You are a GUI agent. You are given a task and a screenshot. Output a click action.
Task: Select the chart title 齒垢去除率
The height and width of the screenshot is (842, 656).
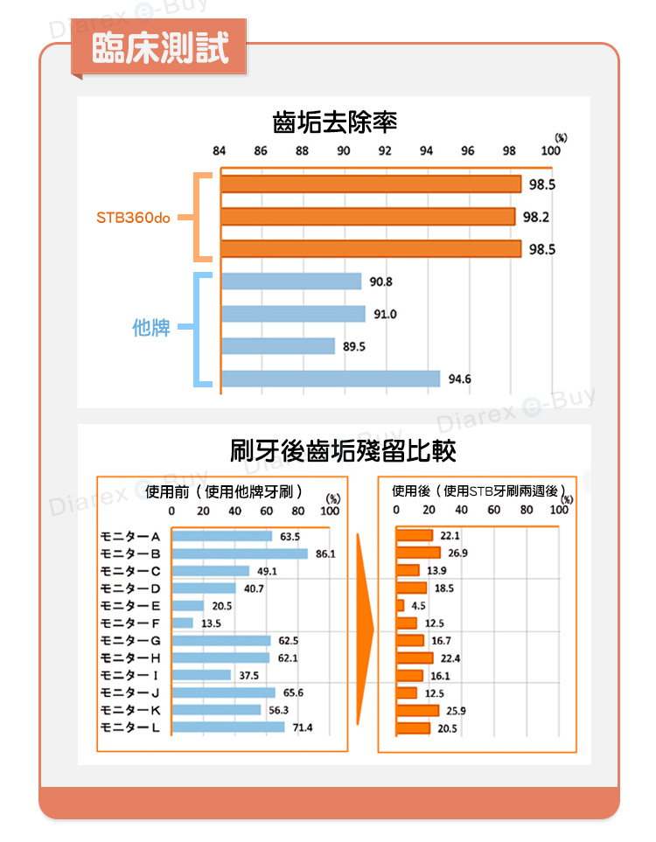[335, 122]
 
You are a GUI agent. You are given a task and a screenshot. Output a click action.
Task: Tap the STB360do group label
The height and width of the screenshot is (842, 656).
[133, 217]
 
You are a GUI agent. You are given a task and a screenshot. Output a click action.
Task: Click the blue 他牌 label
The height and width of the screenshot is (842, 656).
[150, 328]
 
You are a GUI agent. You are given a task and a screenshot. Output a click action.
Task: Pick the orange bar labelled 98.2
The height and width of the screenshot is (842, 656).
[367, 217]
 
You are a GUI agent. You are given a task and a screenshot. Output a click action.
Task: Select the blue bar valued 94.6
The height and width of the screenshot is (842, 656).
[330, 379]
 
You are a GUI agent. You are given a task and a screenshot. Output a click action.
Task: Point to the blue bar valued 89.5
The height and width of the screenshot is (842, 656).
[277, 346]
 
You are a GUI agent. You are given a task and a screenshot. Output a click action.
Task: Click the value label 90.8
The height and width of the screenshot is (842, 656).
[381, 282]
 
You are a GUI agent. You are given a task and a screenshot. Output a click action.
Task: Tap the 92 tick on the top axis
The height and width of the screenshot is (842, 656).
[385, 150]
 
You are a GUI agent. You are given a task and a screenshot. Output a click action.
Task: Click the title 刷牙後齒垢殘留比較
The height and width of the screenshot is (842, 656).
[343, 451]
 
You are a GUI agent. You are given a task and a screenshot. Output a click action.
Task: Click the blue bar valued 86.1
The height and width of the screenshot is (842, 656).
[240, 553]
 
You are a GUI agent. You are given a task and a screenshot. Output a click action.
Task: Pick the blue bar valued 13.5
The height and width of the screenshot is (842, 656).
[183, 623]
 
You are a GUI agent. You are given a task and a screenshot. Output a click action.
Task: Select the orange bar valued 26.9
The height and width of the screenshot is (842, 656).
[418, 553]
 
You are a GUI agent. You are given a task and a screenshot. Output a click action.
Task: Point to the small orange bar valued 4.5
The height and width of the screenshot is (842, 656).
[401, 605]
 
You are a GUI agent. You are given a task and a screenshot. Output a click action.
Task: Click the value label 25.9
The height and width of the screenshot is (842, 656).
[456, 710]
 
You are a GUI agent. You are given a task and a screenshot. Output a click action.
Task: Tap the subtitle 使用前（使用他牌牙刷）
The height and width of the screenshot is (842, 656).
[224, 490]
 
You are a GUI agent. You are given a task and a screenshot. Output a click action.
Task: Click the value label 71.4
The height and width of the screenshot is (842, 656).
[303, 727]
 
